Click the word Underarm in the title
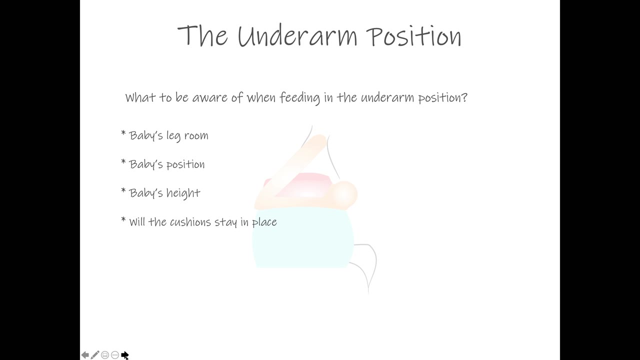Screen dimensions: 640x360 297,35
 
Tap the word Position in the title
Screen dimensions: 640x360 414,36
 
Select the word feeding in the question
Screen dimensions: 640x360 299,98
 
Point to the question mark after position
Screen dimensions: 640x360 464,97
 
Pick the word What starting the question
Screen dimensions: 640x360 140,97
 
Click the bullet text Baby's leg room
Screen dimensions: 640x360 168,135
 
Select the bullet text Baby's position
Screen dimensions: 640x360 167,164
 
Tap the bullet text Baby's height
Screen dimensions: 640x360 164,193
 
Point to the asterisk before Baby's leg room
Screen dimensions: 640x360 123,133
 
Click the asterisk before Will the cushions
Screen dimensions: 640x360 123,219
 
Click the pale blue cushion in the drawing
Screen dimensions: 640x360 303,237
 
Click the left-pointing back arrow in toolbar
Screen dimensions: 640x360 85,355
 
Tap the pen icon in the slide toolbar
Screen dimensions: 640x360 95,355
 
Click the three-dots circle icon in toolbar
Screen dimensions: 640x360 115,355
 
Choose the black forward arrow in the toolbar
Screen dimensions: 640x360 124,355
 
